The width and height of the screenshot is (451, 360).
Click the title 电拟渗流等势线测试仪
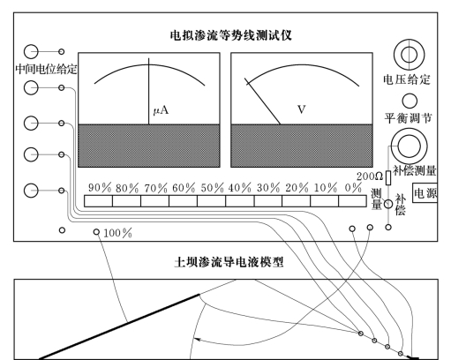coord(230,35)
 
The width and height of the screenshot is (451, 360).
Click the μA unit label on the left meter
coord(161,110)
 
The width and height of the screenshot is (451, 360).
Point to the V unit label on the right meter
coord(302,109)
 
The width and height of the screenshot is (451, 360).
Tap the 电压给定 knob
coord(409,55)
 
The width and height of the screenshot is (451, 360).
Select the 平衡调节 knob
coord(410,101)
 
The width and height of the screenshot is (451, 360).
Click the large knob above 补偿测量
coord(409,146)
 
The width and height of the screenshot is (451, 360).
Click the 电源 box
coord(425,192)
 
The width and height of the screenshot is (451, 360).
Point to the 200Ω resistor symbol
coord(388,177)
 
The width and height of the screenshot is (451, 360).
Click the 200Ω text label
coord(370,176)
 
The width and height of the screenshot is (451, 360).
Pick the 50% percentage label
coord(212,188)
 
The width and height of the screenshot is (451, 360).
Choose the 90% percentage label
coord(100,188)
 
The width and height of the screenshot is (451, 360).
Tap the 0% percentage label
coord(353,188)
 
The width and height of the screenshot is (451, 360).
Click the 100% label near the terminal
coord(117,233)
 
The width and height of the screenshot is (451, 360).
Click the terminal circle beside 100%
coord(96,232)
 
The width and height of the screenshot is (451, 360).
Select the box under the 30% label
coord(268,201)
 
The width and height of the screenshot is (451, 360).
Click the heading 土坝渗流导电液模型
coord(229,262)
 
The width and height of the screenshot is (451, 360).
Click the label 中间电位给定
coord(46,70)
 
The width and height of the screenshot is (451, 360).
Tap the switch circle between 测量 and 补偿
coord(388,204)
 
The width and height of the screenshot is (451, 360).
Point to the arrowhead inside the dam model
coord(197,340)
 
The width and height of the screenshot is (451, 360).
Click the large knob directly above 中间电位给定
coord(31,52)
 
